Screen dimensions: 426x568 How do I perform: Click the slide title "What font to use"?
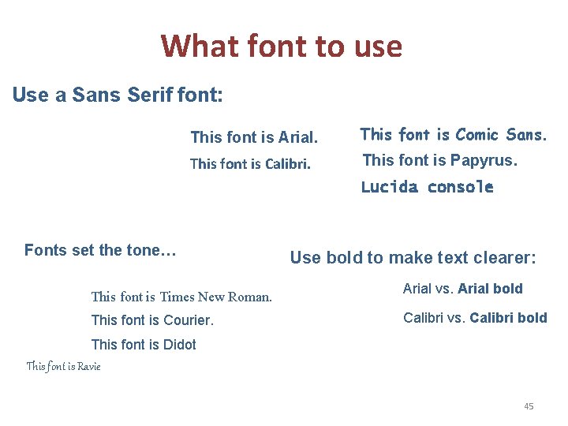pos(282,47)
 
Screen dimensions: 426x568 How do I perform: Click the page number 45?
pos(529,406)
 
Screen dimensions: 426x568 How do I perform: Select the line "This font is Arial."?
pos(254,138)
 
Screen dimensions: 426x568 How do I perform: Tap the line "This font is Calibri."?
pos(250,165)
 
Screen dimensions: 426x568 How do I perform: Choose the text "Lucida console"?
pos(427,187)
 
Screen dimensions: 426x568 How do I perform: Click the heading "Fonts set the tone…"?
pos(100,251)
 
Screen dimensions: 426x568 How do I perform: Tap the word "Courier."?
pos(188,320)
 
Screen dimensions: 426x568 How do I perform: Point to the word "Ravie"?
pos(87,366)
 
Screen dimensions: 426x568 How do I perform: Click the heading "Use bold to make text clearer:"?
pos(413,258)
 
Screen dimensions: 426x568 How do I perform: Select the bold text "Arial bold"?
pos(490,289)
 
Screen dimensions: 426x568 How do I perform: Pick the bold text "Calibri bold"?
pos(508,318)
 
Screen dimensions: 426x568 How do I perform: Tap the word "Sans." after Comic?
pos(526,135)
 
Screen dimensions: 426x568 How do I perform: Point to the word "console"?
pos(460,187)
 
